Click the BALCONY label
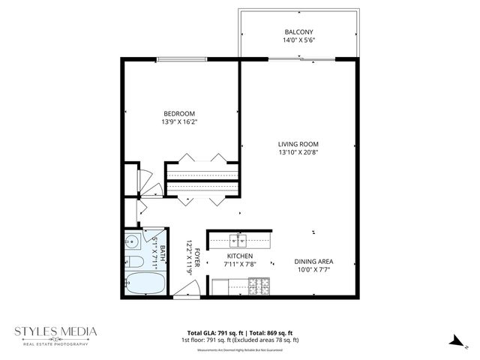298,31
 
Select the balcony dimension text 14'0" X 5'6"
298,41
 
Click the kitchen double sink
240,241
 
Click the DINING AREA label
314,262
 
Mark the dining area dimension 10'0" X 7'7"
314,271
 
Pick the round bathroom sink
131,242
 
